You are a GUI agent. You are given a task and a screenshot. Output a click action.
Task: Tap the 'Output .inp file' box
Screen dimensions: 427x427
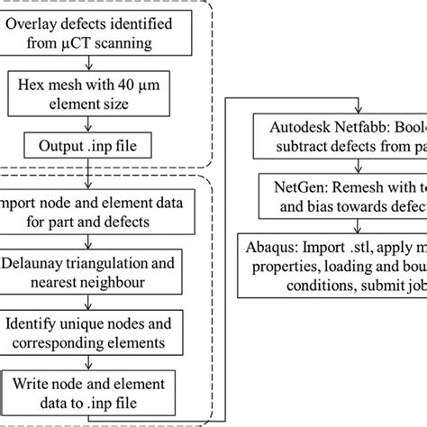[x=86, y=145]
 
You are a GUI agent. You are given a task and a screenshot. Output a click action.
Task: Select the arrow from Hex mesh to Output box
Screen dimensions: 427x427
[x=86, y=122]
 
